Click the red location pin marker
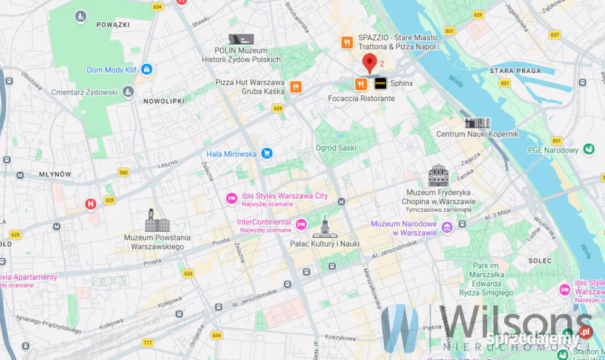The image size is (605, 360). [x=370, y=62]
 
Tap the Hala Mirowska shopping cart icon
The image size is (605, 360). [x=267, y=153]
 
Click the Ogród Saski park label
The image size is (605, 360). [x=336, y=148]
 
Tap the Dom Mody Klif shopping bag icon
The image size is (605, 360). [x=147, y=69]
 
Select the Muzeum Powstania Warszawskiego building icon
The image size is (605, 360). [x=158, y=221]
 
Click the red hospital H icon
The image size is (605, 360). [x=91, y=204]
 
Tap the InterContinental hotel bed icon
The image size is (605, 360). [x=301, y=223]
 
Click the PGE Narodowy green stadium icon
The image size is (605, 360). [x=589, y=149]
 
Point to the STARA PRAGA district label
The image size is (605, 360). [x=515, y=71]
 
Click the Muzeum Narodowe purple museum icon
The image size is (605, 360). [x=447, y=227]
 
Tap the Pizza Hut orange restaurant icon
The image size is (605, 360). [x=296, y=87]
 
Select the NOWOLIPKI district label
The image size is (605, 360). [x=164, y=101]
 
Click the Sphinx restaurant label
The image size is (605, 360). [x=401, y=83]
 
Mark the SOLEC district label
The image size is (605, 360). [x=540, y=260]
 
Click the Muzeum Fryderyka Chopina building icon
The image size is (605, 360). [x=439, y=176]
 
